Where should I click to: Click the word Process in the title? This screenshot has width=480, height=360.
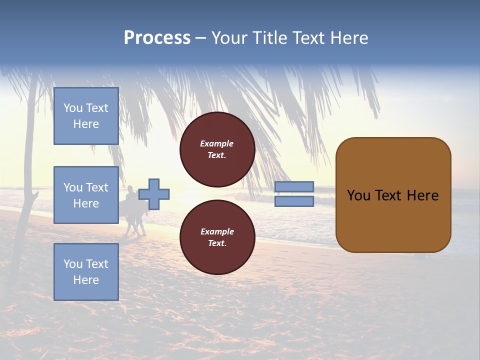tap(157, 38)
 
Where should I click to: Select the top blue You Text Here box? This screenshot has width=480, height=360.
tap(86, 116)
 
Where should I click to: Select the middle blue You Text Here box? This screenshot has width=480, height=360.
tap(86, 195)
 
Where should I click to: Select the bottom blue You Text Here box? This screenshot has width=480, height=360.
tap(86, 271)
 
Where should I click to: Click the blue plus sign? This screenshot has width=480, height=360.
tap(154, 194)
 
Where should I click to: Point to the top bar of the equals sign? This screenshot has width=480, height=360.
tap(294, 186)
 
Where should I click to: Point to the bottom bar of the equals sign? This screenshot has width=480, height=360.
tap(294, 201)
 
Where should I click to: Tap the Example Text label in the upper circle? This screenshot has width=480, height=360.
tap(217, 149)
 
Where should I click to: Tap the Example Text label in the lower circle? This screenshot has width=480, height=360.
tap(217, 237)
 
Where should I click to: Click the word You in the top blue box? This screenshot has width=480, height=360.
tap(73, 108)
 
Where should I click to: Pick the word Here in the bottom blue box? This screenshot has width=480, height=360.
tap(86, 280)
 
